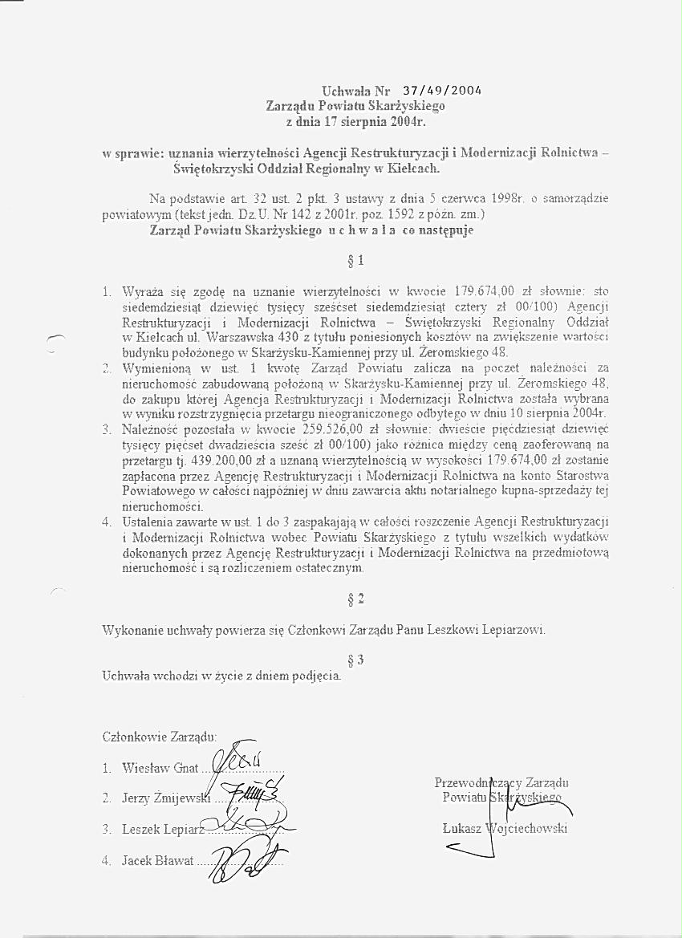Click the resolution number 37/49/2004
tap(442, 90)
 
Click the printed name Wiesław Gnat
tap(160, 768)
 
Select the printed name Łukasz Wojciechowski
tap(505, 828)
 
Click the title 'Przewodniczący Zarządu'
tap(501, 782)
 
